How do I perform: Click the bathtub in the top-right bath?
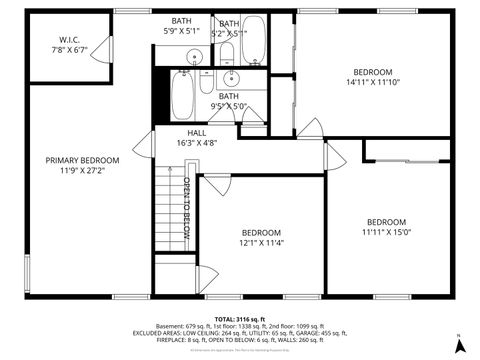click(x=254, y=38)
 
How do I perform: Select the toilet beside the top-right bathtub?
click(x=227, y=53)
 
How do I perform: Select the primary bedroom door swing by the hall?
click(x=143, y=141)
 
